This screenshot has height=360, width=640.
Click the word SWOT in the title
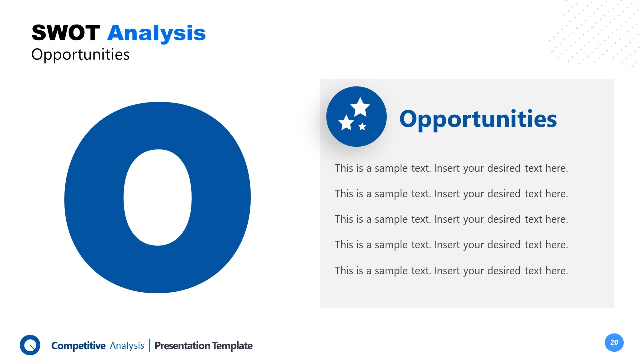[x=66, y=33]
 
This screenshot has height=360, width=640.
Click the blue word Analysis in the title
[x=156, y=33]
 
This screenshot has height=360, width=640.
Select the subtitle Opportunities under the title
[x=80, y=54]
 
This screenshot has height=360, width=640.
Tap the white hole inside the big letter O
[x=158, y=198]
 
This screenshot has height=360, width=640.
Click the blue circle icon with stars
[x=356, y=117]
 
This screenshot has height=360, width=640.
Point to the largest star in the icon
[x=360, y=107]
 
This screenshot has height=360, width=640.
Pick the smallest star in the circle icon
[x=362, y=127]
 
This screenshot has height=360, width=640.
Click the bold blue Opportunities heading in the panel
[x=478, y=119]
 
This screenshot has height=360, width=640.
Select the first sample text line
[x=451, y=168]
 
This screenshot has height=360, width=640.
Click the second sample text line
[x=451, y=194]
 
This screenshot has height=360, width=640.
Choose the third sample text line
[x=451, y=219]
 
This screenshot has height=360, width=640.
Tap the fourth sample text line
[x=451, y=245]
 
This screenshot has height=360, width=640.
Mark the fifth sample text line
[x=451, y=271]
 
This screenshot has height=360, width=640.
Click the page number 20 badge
[x=614, y=342]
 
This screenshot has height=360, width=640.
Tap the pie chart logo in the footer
[x=30, y=345]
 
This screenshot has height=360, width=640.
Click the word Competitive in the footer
[x=78, y=346]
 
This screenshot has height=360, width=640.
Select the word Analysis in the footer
[x=127, y=346]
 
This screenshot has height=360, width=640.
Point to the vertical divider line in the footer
[x=149, y=345]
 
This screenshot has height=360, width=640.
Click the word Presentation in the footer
[x=182, y=346]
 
